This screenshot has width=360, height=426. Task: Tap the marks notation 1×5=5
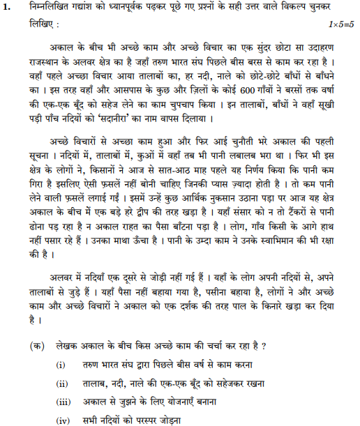341,24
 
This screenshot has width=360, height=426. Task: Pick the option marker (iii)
63,402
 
